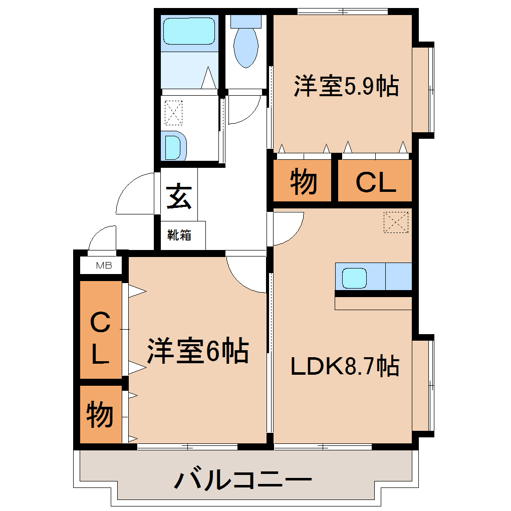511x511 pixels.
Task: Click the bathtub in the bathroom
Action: point(189,31)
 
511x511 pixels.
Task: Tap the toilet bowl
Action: point(246,48)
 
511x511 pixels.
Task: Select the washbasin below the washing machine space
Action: point(174,146)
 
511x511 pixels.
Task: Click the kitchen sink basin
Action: point(354,278)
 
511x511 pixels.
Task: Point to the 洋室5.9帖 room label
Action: point(346,86)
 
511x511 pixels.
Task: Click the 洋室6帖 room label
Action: point(198,351)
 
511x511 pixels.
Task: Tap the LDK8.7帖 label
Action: point(345,366)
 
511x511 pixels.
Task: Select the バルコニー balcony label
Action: point(243,479)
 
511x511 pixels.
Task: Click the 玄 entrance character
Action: point(178,196)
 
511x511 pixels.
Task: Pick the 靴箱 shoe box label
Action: point(179,235)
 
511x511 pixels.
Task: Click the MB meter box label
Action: point(104,266)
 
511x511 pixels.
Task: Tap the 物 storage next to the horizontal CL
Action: point(303,181)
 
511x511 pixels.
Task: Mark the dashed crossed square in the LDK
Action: point(396,222)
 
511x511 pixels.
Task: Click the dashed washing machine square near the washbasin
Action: point(173,113)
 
